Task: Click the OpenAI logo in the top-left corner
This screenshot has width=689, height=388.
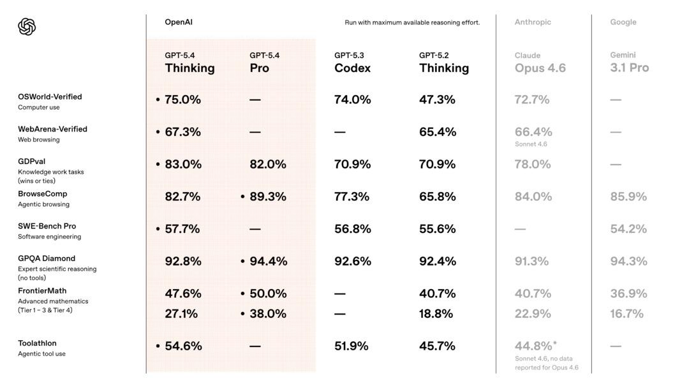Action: click(27, 27)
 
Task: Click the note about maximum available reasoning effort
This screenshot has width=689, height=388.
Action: click(412, 22)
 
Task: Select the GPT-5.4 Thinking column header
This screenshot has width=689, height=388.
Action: click(189, 63)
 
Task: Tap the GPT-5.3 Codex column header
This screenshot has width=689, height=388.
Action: click(352, 63)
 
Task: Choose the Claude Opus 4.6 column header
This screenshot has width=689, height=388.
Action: click(540, 63)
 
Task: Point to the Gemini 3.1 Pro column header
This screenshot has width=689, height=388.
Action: click(629, 63)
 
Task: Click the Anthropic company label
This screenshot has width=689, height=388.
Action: click(533, 22)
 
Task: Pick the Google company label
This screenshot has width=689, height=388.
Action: click(623, 22)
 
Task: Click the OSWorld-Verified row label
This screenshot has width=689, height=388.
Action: click(50, 97)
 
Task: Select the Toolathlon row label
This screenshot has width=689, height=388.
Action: click(37, 343)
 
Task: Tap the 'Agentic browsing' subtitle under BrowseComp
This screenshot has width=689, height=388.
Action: click(43, 204)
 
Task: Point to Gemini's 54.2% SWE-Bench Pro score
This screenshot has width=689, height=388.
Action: click(628, 229)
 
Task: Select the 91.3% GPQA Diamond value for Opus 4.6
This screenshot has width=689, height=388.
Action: click(531, 261)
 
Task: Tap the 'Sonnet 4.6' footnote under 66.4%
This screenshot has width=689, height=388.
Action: click(531, 144)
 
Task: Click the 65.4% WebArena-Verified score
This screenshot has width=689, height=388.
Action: click(437, 132)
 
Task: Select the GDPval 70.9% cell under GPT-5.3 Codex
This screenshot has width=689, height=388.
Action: click(352, 164)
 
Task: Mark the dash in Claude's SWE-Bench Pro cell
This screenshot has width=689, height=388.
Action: click(520, 229)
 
